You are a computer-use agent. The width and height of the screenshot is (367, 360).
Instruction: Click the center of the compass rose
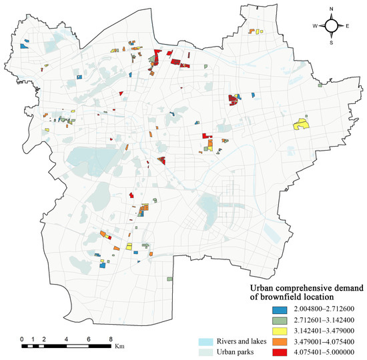(332, 26)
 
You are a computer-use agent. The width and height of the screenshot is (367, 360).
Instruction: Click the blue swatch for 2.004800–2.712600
(280, 310)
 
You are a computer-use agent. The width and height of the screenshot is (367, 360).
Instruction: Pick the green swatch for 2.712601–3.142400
(280, 321)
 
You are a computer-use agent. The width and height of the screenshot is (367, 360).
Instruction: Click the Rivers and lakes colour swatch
(208, 341)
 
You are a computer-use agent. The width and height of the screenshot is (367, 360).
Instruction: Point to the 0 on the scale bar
(22, 339)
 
